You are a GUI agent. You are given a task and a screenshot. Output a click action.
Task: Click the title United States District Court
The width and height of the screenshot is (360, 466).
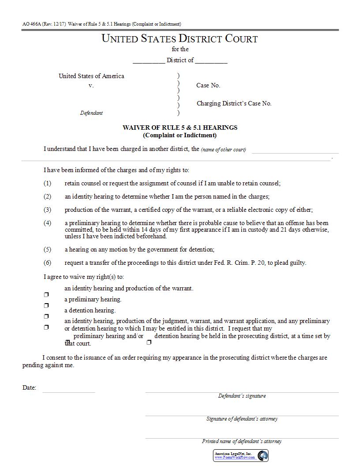point(180,38)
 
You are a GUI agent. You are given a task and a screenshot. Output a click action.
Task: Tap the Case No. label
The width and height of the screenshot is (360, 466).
point(208,85)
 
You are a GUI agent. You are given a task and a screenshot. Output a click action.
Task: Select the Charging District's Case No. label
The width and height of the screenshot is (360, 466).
point(234,103)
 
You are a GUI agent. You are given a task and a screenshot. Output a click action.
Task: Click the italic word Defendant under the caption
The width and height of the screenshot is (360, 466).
point(91,113)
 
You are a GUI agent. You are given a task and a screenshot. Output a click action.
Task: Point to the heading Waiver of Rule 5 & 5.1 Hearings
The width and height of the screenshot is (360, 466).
point(180,128)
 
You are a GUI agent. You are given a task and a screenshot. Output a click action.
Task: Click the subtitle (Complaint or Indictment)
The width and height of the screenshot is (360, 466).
point(180,135)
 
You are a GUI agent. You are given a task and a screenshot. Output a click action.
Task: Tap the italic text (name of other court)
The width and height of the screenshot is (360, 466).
point(223,150)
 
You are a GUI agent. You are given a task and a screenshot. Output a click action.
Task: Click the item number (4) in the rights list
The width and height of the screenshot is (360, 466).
point(47,223)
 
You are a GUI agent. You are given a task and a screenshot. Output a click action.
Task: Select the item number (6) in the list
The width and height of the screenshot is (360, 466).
point(47,263)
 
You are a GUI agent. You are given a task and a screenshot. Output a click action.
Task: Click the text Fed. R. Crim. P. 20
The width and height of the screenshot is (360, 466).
point(238,263)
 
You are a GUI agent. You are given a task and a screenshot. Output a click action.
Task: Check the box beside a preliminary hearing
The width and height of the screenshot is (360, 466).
point(46,305)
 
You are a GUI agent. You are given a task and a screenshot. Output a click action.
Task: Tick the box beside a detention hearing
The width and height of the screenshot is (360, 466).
point(46,316)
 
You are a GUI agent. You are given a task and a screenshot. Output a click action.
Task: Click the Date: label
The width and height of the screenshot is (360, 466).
point(29,388)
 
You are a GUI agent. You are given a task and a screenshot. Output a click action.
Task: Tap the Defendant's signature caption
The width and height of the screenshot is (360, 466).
point(242,396)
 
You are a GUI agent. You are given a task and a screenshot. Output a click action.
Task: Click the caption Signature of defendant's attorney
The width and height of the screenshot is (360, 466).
point(242,419)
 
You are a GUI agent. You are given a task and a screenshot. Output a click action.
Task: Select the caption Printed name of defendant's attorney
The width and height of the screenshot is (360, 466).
point(242,441)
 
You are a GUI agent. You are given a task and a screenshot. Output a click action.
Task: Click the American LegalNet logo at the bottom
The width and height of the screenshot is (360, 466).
point(241,455)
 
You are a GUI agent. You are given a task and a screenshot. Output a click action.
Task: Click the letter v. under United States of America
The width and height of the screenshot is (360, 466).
point(91,86)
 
